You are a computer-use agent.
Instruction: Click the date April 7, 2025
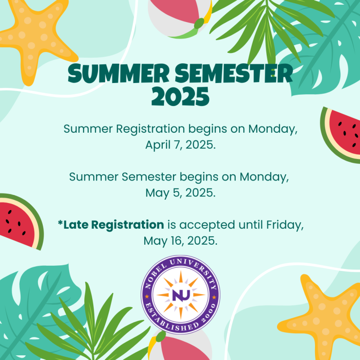coord(180,145)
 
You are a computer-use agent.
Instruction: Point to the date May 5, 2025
coord(180,193)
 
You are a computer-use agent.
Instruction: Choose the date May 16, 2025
coord(180,241)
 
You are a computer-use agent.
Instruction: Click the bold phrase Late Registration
coord(114,225)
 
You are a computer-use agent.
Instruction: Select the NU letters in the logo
coord(180,295)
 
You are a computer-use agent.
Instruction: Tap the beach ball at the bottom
coord(180,346)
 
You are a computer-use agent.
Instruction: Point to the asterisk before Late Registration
coord(60,223)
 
